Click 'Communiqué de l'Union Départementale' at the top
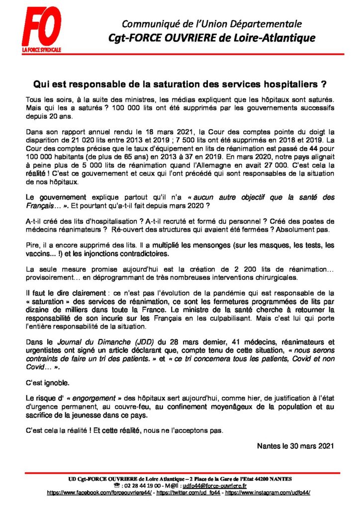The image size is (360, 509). pyautogui.click(x=212, y=24)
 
